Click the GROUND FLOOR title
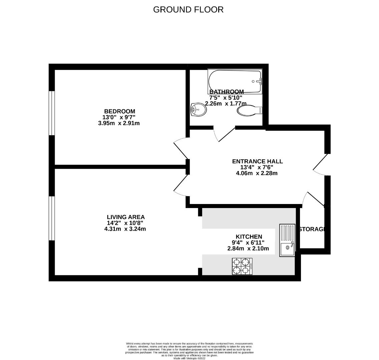[x=188, y=10]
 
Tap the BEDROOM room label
[x=119, y=111]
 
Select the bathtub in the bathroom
[x=235, y=81]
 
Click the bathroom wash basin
[x=199, y=109]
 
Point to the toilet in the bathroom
[x=249, y=110]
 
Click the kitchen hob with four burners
[x=242, y=266]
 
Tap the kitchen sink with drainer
[x=287, y=240]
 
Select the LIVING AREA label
[x=125, y=217]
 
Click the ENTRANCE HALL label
[x=257, y=161]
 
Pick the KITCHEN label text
[x=249, y=237]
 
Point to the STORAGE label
[x=312, y=229]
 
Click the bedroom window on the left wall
[x=52, y=113]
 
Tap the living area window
[x=52, y=218]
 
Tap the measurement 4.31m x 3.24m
[x=125, y=229]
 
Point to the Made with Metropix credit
[x=189, y=358]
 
